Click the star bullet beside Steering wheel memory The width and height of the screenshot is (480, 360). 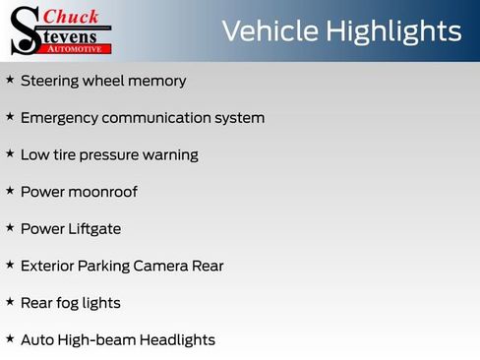pos(10,80)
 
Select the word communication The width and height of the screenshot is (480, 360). pos(166,118)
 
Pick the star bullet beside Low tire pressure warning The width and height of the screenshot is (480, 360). pos(10,153)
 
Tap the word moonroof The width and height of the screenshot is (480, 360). pos(102,192)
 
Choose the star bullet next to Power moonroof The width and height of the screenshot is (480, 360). pos(10,191)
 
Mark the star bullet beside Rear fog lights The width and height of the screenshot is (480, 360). pos(10,302)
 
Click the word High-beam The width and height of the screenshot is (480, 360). pos(94,340)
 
